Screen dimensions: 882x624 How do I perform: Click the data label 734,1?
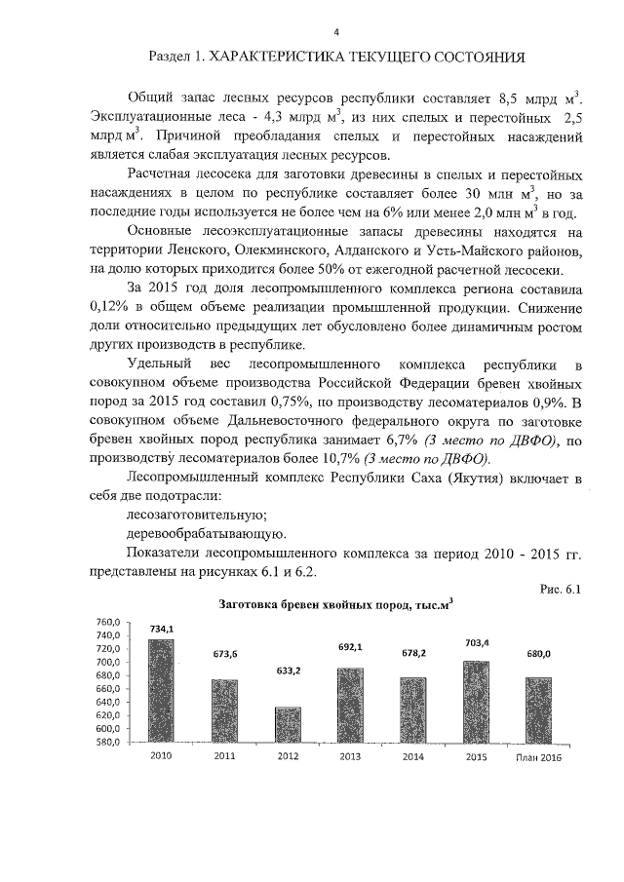coord(162,630)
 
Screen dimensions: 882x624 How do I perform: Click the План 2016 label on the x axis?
coord(539,756)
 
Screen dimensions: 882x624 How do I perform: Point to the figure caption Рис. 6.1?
coord(559,588)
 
